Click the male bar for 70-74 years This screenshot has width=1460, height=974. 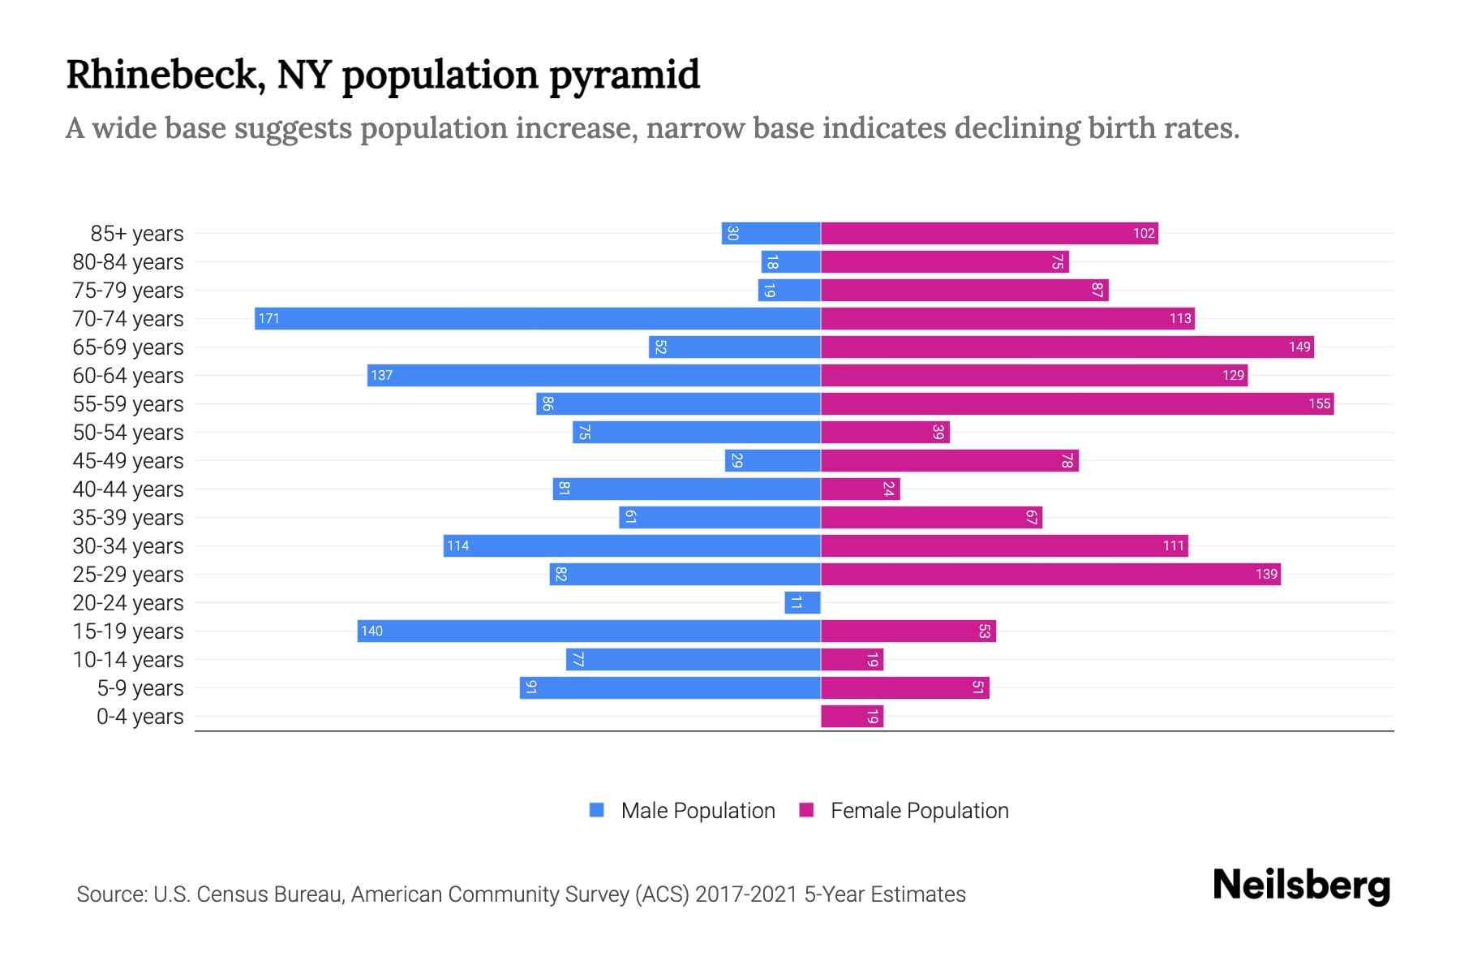pyautogui.click(x=537, y=318)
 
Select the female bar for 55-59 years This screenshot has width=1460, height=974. pyautogui.click(x=1077, y=403)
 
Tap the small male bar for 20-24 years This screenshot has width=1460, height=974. pyautogui.click(x=802, y=602)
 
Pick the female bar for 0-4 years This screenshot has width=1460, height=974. pyautogui.click(x=852, y=716)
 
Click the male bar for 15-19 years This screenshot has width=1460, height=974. pyautogui.click(x=589, y=631)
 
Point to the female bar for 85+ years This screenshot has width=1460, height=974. pyautogui.click(x=990, y=233)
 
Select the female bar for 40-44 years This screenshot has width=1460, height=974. pyautogui.click(x=860, y=489)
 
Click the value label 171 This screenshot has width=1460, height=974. pyautogui.click(x=269, y=318)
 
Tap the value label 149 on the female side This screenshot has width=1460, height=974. pyautogui.click(x=1299, y=347)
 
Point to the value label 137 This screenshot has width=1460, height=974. pyautogui.click(x=381, y=375)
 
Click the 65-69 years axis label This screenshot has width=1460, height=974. pyautogui.click(x=128, y=347)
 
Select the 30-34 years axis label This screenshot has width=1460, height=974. pyautogui.click(x=128, y=546)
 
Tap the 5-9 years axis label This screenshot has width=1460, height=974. pyautogui.click(x=140, y=688)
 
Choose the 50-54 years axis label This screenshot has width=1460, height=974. pyautogui.click(x=128, y=433)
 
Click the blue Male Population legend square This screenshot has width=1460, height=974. pyautogui.click(x=597, y=810)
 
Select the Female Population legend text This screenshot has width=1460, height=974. pyautogui.click(x=919, y=810)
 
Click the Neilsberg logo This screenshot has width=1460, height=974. pyautogui.click(x=1301, y=886)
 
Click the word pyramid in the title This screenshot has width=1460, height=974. pyautogui.click(x=624, y=75)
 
